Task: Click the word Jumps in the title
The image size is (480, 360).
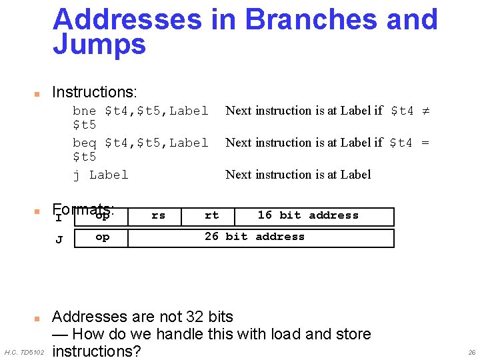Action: click(x=99, y=45)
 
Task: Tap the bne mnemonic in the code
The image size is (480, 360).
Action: click(x=84, y=111)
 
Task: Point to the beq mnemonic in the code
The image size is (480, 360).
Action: click(x=84, y=143)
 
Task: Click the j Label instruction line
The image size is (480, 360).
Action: click(x=101, y=175)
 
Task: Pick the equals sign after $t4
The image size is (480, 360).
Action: click(x=425, y=143)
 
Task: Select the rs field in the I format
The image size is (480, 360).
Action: click(x=158, y=215)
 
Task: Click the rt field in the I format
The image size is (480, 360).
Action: click(x=211, y=215)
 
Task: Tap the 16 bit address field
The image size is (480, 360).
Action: click(x=308, y=215)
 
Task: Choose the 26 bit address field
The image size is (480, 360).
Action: click(x=254, y=237)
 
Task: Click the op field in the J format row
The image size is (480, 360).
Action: click(x=102, y=237)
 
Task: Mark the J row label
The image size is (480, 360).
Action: click(x=59, y=239)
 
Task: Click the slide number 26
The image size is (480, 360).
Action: click(x=472, y=352)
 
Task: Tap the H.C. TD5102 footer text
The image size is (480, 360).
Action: click(x=24, y=352)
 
